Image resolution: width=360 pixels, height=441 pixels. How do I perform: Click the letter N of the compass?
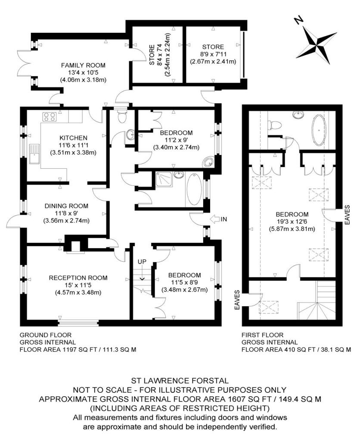click(x=298, y=20)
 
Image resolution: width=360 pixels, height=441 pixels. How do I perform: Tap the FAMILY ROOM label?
click(x=83, y=65)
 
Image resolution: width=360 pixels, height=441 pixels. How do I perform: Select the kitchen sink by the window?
click(x=34, y=154)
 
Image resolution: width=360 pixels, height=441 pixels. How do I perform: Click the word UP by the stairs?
click(x=142, y=261)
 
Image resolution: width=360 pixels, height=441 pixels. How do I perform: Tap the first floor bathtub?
click(x=319, y=130)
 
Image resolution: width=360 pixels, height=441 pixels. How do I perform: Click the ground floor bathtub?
click(x=194, y=189)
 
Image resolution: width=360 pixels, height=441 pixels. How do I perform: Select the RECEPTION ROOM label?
click(x=78, y=278)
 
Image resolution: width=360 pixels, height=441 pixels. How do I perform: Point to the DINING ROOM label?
click(x=66, y=206)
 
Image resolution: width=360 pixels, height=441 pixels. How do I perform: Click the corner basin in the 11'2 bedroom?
click(x=208, y=162)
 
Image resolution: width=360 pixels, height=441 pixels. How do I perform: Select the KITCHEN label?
click(x=73, y=138)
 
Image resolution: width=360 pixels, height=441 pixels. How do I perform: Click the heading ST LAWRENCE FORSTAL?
click(x=180, y=381)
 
